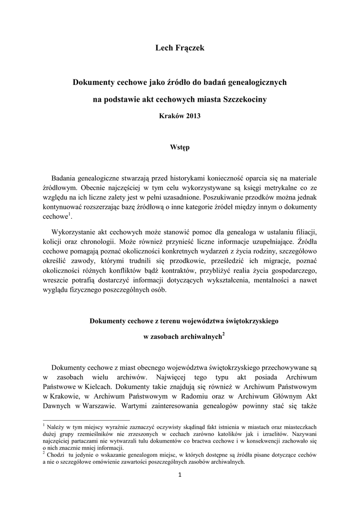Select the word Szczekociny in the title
(246, 99)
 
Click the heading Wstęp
(180, 147)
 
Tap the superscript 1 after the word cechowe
(70, 214)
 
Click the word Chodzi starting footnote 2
(56, 454)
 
